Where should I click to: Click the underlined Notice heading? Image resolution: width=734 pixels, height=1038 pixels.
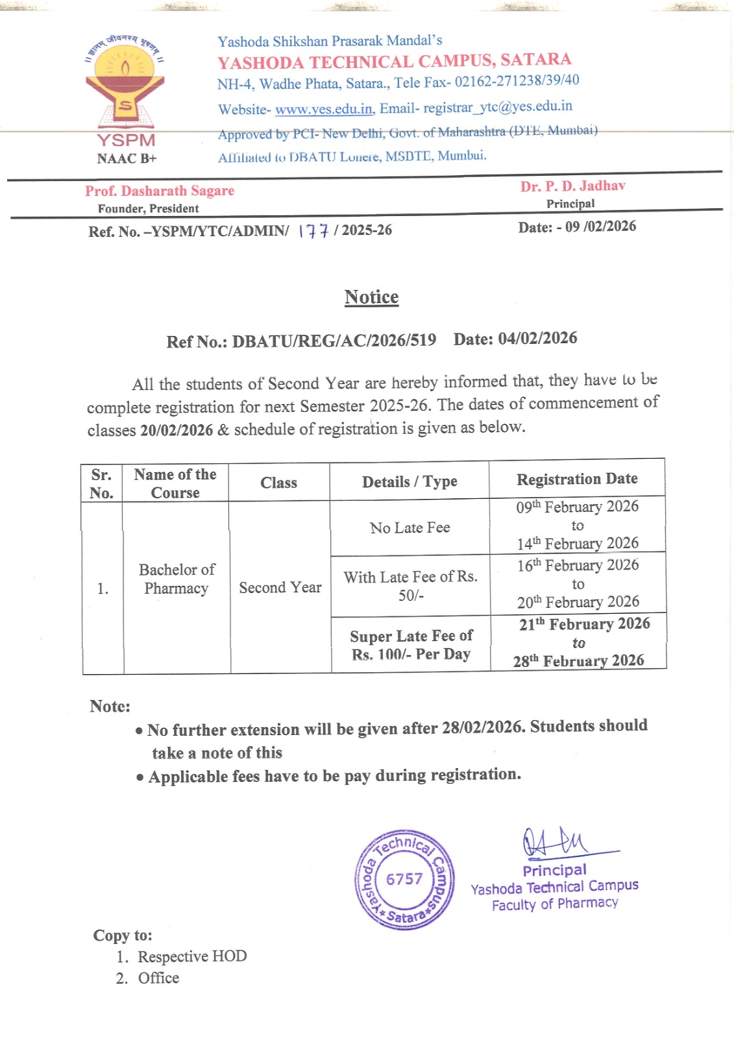pyautogui.click(x=371, y=297)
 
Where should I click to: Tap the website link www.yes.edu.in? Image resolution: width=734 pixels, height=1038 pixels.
pyautogui.click(x=324, y=109)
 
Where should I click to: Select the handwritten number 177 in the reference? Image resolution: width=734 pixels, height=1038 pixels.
pyautogui.click(x=313, y=231)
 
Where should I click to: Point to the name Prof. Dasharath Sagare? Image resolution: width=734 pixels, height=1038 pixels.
pyautogui.click(x=160, y=191)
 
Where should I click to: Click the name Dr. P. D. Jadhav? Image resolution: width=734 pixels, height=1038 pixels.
pyautogui.click(x=572, y=186)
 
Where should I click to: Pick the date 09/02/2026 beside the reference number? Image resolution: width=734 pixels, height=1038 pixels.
pyautogui.click(x=601, y=226)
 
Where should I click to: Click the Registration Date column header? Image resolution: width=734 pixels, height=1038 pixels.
pyautogui.click(x=577, y=479)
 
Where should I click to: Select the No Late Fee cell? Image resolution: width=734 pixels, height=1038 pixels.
pyautogui.click(x=410, y=527)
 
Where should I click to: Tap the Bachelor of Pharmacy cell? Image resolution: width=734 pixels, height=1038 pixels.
pyautogui.click(x=176, y=579)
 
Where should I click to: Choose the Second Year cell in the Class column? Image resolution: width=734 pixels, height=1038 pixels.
pyautogui.click(x=280, y=588)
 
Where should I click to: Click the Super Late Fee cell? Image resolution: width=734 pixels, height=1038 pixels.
pyautogui.click(x=411, y=645)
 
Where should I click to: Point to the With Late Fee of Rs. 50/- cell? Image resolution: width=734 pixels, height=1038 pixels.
pyautogui.click(x=410, y=586)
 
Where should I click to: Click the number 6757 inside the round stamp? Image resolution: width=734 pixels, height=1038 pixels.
pyautogui.click(x=404, y=879)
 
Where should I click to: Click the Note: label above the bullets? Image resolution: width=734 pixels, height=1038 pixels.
pyautogui.click(x=110, y=706)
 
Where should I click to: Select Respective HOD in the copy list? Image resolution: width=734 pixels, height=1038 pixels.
pyautogui.click(x=192, y=956)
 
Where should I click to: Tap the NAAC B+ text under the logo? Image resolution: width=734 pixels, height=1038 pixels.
pyautogui.click(x=127, y=158)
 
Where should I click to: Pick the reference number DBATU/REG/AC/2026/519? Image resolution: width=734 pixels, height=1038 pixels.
pyautogui.click(x=334, y=341)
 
